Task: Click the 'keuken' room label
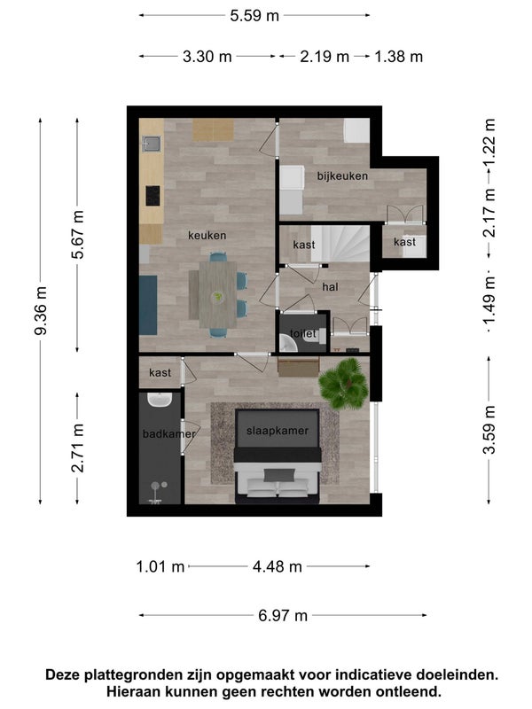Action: tap(207, 236)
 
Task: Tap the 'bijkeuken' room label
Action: tap(342, 175)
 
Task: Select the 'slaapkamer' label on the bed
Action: tap(278, 431)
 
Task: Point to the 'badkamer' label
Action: tap(168, 433)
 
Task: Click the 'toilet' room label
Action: tap(302, 334)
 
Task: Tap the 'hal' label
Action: tap(330, 286)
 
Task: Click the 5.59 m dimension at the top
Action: tap(254, 16)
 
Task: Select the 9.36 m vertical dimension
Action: tap(41, 311)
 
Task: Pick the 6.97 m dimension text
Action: tap(283, 615)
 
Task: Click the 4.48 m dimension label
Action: tap(277, 566)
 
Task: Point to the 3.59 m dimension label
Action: tap(489, 430)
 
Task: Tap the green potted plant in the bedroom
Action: tap(343, 384)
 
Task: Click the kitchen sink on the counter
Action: tap(152, 144)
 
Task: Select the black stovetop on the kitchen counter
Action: tap(153, 196)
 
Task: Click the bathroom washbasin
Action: tap(159, 400)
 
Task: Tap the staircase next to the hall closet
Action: tap(340, 244)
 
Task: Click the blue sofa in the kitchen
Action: tap(148, 305)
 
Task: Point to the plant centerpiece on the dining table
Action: tap(218, 297)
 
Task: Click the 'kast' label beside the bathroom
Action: tap(160, 372)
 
